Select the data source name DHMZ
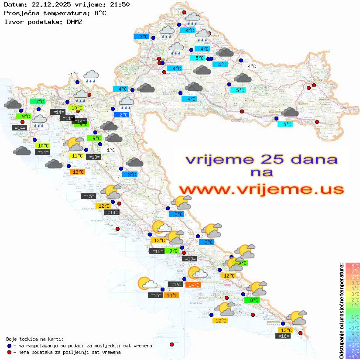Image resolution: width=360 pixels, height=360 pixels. [74, 21]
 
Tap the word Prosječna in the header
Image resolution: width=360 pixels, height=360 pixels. [20, 13]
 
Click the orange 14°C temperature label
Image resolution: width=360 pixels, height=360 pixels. [192, 285]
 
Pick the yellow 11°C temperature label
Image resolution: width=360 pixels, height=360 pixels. [77, 155]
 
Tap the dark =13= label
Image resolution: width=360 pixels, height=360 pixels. [93, 157]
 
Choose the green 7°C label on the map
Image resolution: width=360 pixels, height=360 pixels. [37, 101]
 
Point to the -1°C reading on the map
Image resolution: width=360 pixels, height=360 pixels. [73, 75]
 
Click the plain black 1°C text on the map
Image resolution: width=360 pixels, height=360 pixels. [111, 150]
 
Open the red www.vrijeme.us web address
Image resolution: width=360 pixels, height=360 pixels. [261, 189]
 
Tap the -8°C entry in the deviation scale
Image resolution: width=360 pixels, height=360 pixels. [352, 356]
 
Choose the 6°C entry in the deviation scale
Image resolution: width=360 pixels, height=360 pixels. [352, 277]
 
